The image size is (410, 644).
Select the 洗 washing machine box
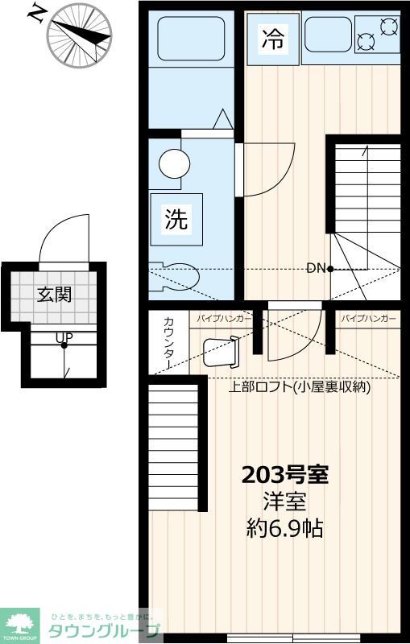(x=176, y=218)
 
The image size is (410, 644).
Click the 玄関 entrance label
(x=54, y=295)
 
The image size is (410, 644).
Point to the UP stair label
(x=62, y=338)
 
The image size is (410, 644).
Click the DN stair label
(x=315, y=268)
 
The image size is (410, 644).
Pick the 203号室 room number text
(x=285, y=475)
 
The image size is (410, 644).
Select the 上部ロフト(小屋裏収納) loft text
(x=300, y=386)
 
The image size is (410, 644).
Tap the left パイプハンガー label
(x=223, y=319)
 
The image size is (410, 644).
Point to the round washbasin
(x=174, y=164)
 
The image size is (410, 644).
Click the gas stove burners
(x=376, y=35)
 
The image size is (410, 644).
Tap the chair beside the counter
(x=221, y=352)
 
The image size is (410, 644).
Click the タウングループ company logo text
(x=106, y=630)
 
